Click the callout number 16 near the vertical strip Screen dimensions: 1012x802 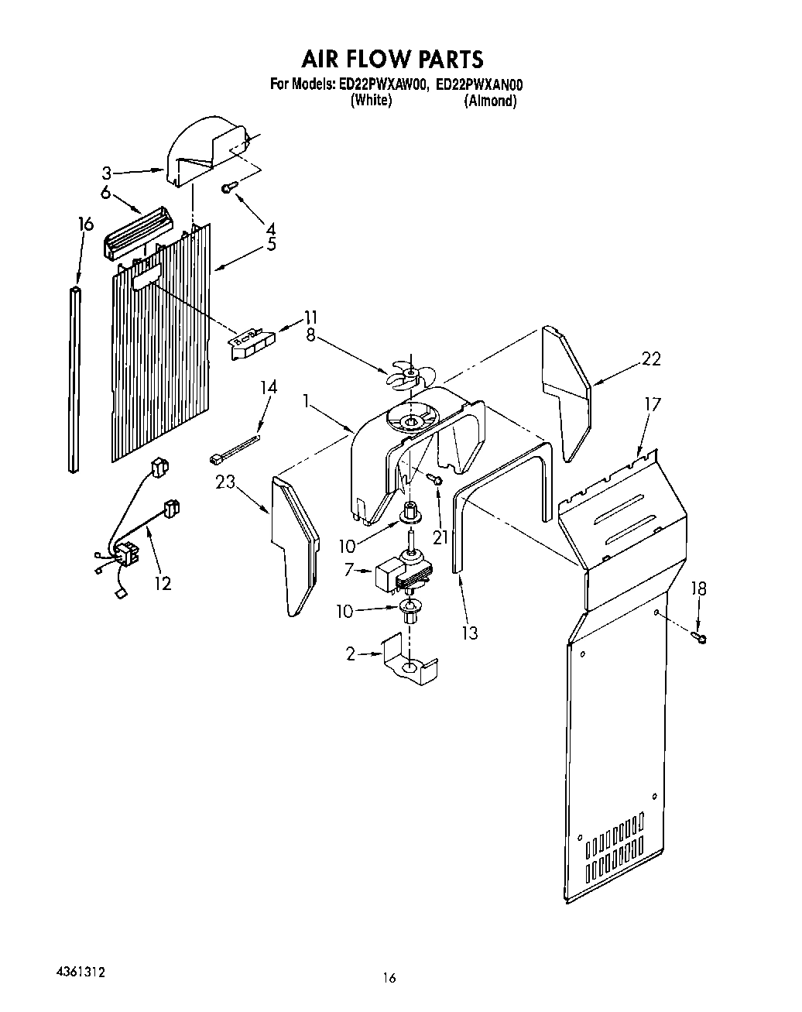[x=85, y=225]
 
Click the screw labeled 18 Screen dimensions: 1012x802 [x=702, y=637]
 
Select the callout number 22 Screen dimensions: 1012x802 [x=651, y=359]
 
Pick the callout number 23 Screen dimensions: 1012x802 [x=225, y=482]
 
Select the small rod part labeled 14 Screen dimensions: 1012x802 [x=234, y=449]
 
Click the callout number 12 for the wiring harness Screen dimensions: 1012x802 [x=163, y=583]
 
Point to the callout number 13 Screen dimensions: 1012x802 [x=468, y=633]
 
